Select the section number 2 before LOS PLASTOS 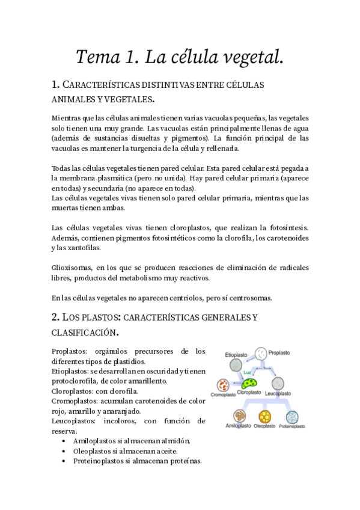55,316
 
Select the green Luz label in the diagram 247,373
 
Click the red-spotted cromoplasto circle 224,384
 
